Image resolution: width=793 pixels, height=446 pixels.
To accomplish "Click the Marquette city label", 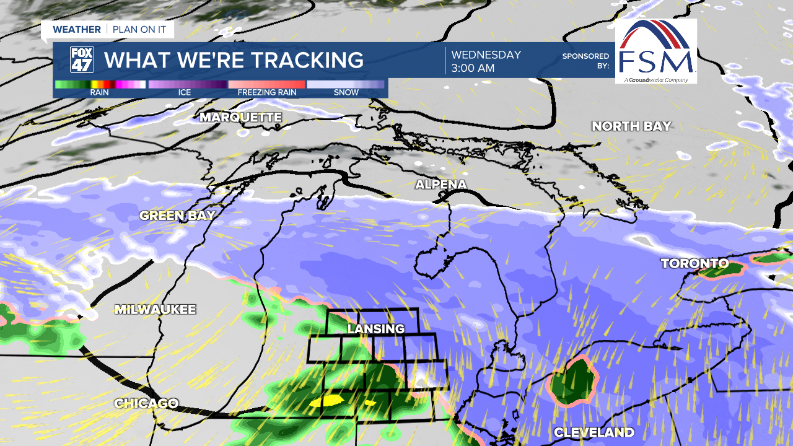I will pyautogui.click(x=240, y=117).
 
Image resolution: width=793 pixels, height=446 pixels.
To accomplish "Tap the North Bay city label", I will pyautogui.click(x=631, y=126).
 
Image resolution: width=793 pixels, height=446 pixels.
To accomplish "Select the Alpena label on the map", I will pyautogui.click(x=440, y=185).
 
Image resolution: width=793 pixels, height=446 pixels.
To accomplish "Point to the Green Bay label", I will pyautogui.click(x=177, y=216).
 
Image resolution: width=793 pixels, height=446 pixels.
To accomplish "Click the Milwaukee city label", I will pyautogui.click(x=155, y=310).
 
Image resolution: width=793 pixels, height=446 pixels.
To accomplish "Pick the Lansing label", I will pyautogui.click(x=375, y=329).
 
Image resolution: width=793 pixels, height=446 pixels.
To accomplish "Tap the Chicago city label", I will pyautogui.click(x=146, y=403).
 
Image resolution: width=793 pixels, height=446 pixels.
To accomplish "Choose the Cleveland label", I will pyautogui.click(x=594, y=432).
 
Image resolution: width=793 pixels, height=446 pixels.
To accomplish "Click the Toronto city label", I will pyautogui.click(x=694, y=264).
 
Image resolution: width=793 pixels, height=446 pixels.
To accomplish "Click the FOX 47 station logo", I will pyautogui.click(x=82, y=60).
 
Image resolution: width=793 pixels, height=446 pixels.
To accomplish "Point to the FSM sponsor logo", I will pyautogui.click(x=656, y=51).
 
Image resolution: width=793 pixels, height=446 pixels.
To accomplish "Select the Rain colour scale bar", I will pyautogui.click(x=100, y=84).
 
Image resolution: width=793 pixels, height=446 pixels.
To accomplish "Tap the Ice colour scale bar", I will pyautogui.click(x=187, y=84).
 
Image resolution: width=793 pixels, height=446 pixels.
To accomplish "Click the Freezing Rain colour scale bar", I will pyautogui.click(x=266, y=84).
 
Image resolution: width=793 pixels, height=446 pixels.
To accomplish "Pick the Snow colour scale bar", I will pyautogui.click(x=346, y=84).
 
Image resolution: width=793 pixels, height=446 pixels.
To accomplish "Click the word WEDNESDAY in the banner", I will pyautogui.click(x=486, y=55).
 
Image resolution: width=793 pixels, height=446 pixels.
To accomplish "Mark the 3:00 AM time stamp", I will pyautogui.click(x=473, y=68).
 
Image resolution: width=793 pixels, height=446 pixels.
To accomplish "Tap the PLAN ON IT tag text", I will pyautogui.click(x=140, y=30).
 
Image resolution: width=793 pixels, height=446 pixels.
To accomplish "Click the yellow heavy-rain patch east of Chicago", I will pyautogui.click(x=326, y=401).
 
